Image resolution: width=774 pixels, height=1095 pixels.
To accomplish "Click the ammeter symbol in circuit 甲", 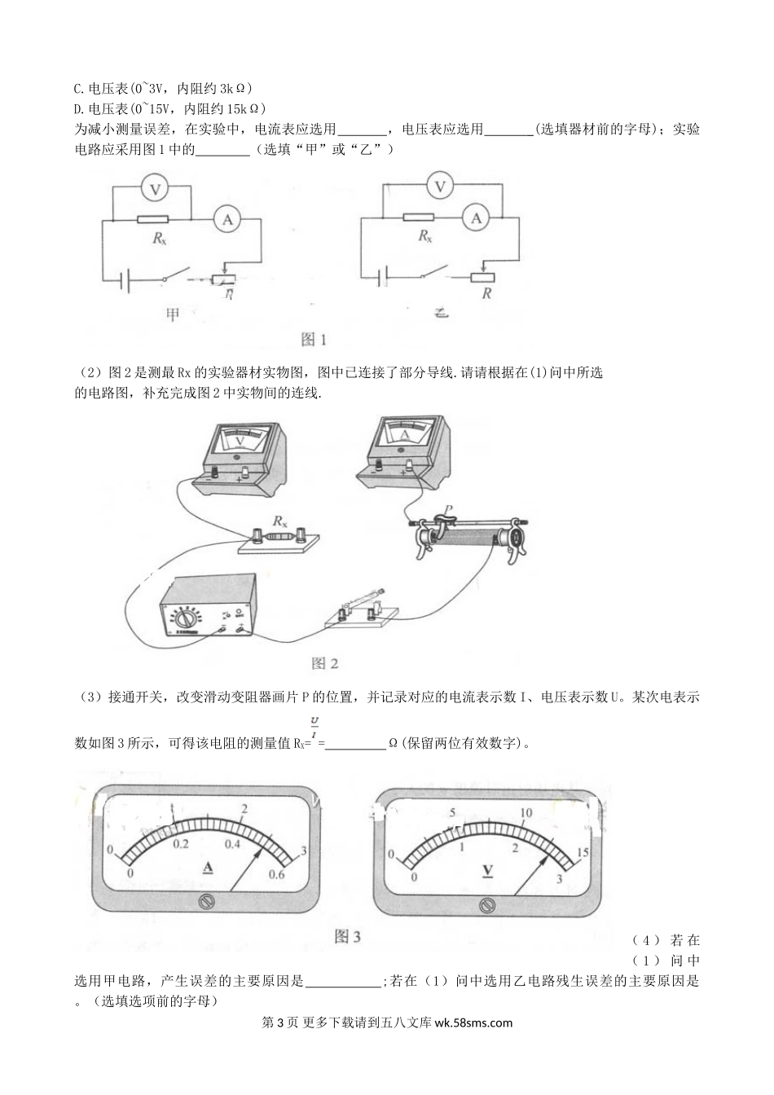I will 227,219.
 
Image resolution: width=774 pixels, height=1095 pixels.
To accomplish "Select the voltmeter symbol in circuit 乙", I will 441,187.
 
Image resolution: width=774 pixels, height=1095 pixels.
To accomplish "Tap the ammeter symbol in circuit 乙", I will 477,218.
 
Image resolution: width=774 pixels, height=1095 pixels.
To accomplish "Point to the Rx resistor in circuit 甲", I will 153,220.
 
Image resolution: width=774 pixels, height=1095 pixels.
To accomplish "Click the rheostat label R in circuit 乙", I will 486,293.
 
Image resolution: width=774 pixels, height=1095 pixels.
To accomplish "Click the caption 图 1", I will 314,339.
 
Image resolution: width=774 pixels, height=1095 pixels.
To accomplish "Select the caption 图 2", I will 324,663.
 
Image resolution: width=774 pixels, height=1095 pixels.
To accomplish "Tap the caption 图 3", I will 348,937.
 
